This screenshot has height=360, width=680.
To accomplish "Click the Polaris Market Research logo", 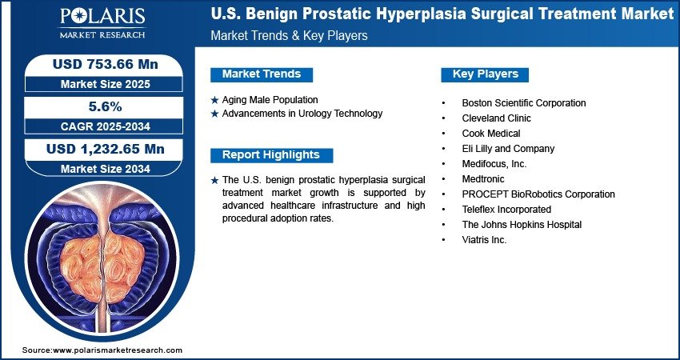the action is (102, 23).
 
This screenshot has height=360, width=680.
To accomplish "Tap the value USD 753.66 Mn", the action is (106, 64).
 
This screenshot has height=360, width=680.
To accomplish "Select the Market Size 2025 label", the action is (106, 84).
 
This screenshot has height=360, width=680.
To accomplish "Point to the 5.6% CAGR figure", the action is (106, 106).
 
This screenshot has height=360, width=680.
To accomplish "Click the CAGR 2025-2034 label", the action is (106, 126).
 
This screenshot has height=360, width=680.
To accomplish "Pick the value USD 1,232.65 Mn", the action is (106, 150).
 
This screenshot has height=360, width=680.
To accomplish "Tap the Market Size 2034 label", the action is (106, 169).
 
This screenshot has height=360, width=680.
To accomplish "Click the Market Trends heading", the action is (262, 74).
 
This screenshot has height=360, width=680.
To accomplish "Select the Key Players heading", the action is (486, 74).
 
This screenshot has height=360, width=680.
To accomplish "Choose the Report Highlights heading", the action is (271, 155).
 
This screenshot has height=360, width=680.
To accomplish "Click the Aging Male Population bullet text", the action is (270, 100).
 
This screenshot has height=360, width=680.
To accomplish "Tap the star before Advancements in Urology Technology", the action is (214, 114).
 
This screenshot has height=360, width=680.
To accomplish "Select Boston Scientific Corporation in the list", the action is (524, 103).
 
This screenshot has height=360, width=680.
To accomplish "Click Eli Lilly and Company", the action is (508, 149).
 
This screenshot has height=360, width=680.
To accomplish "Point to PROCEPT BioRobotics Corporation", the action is (538, 194).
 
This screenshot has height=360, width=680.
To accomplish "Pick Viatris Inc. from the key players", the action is (484, 240).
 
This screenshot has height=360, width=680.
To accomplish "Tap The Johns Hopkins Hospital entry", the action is (522, 225).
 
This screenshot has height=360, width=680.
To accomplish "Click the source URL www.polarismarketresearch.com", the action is (118, 350).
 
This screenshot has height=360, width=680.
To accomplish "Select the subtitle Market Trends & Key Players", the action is (289, 35).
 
